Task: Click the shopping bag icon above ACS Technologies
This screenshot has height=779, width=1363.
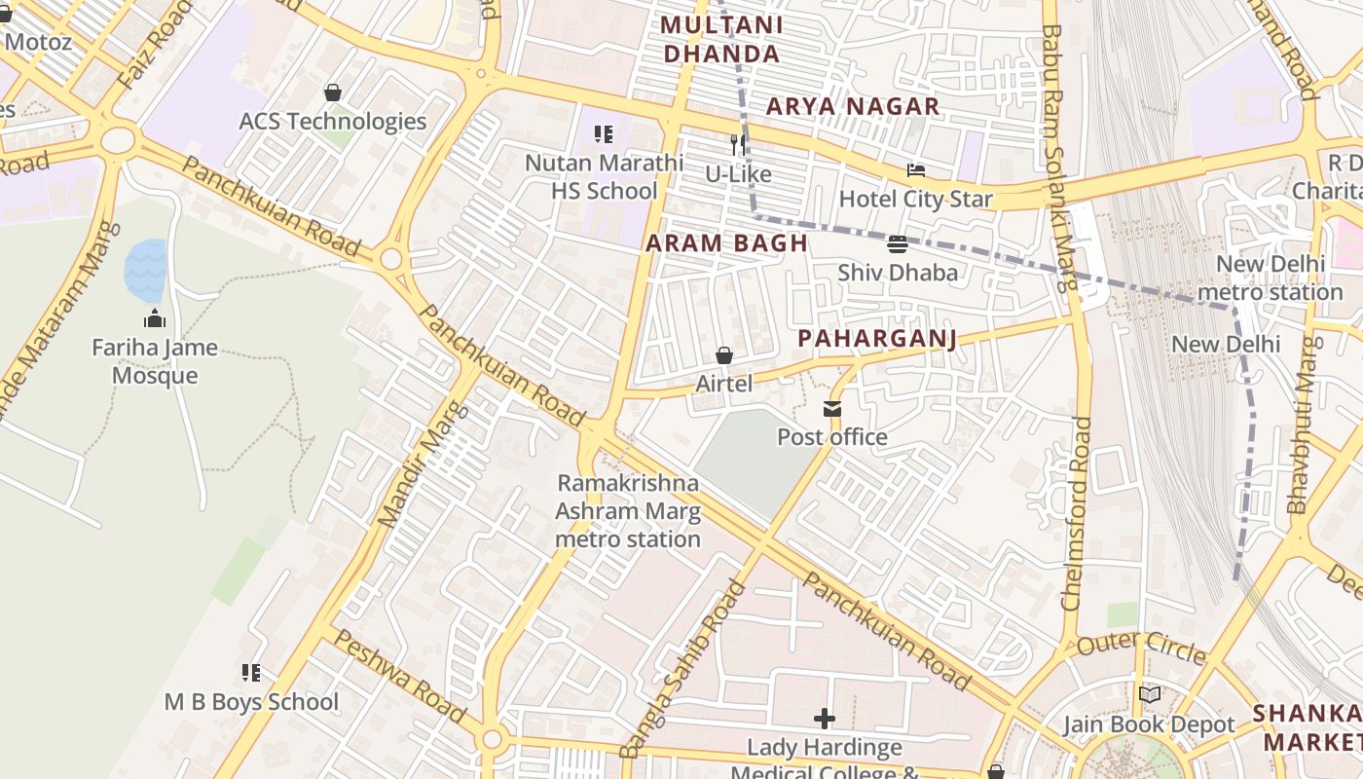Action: [x=333, y=93]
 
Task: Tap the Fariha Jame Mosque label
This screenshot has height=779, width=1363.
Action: [x=155, y=361]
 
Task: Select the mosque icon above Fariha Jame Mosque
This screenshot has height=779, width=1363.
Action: [x=155, y=318]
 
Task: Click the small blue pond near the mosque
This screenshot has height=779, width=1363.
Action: [x=145, y=270]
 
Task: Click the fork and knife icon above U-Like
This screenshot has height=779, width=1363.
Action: [x=738, y=145]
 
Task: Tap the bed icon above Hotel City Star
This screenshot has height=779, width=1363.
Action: [x=916, y=170]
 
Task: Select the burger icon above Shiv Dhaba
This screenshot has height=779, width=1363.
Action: [x=898, y=243]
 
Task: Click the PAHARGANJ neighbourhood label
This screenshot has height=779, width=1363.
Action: [x=877, y=338]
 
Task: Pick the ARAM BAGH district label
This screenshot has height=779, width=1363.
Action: [x=727, y=243]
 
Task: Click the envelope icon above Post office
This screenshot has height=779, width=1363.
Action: [x=832, y=409]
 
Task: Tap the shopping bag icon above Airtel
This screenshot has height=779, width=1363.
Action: [x=724, y=355]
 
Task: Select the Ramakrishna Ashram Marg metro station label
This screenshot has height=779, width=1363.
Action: [x=628, y=511]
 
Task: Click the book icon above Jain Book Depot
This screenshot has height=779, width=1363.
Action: [x=1150, y=694]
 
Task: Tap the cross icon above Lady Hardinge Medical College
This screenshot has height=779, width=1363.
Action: [x=825, y=720]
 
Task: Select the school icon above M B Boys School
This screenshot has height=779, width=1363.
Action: [x=251, y=673]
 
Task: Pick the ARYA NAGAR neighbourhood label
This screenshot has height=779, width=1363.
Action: [x=853, y=106]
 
